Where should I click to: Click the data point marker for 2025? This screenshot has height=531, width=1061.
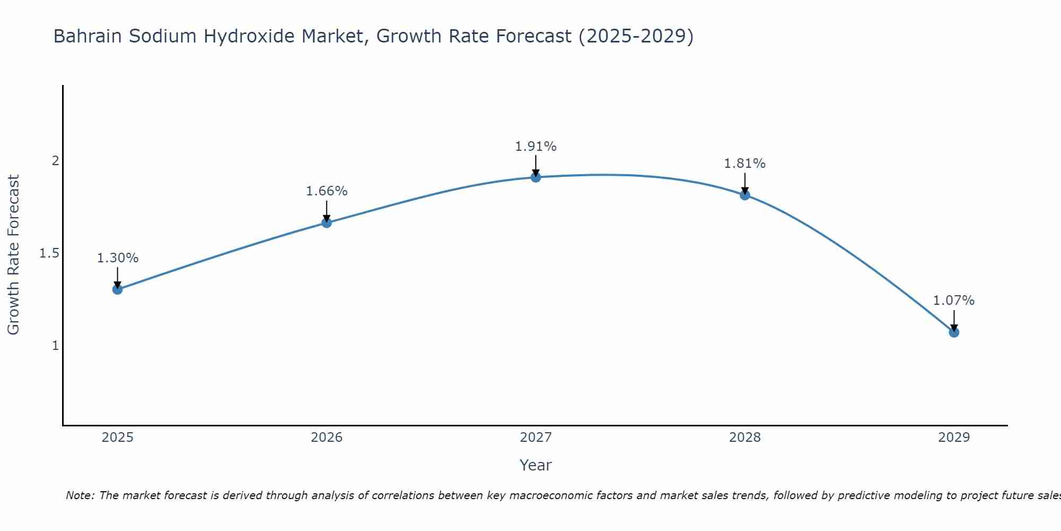point(117,289)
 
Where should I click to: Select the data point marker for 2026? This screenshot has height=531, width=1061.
point(326,222)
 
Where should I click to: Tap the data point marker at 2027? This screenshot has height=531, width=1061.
point(536,177)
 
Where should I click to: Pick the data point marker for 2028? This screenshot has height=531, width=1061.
point(745,195)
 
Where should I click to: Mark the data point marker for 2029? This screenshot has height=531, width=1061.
point(954,332)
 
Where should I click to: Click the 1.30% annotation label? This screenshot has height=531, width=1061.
point(117,258)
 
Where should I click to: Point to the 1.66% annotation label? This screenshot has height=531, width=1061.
point(326,191)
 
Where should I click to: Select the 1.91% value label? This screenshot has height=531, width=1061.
point(536,146)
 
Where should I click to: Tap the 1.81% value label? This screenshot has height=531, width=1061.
point(745,164)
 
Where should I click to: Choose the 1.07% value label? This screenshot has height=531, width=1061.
point(954,301)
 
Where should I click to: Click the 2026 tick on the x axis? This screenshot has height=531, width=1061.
point(326,438)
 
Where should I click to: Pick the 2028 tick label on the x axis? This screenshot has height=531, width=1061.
point(745,438)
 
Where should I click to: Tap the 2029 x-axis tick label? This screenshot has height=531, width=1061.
point(954,438)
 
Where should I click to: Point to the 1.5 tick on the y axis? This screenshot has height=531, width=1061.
point(49,253)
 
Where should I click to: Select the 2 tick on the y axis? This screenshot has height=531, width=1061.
point(55,160)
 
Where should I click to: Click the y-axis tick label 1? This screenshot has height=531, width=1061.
point(55,346)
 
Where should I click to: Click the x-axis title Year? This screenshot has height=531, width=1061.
point(536,465)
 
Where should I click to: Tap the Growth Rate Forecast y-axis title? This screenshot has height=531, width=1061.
point(13,255)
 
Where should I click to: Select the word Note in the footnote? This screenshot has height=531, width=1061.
point(79,495)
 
